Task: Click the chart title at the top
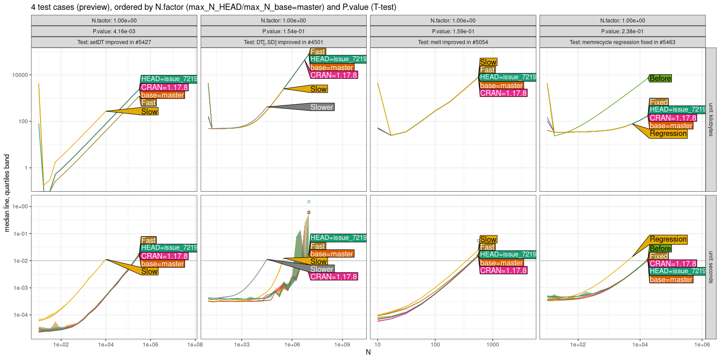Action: tap(214, 7)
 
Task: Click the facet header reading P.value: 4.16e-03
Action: tap(114, 31)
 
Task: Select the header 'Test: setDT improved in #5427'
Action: tap(114, 42)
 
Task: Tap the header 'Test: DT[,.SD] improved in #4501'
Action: tap(283, 42)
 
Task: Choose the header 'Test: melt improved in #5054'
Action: tap(453, 42)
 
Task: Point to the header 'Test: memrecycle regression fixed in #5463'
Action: tap(622, 42)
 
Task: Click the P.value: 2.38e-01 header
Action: tap(622, 31)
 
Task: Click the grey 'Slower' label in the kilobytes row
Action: tap(322, 107)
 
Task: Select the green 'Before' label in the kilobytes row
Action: tap(660, 78)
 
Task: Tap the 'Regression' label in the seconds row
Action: tap(668, 239)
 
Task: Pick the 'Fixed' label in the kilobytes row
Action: tap(659, 102)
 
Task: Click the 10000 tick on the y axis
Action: tap(20, 75)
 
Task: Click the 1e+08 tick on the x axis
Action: tap(195, 345)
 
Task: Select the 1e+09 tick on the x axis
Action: tap(342, 345)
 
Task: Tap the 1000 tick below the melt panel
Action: tap(492, 345)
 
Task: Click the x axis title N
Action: tap(368, 352)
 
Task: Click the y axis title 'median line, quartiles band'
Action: tap(7, 193)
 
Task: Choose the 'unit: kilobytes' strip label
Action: tap(711, 120)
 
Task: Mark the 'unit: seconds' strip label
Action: tap(711, 267)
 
